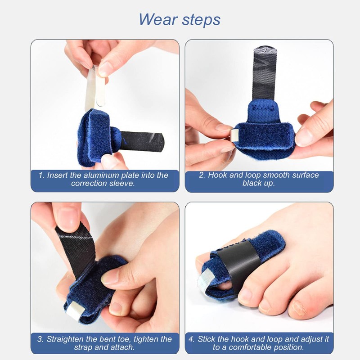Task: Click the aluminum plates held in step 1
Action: tap(95, 88)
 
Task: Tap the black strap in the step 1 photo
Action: tap(143, 140)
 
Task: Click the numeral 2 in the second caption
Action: tap(201, 175)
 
